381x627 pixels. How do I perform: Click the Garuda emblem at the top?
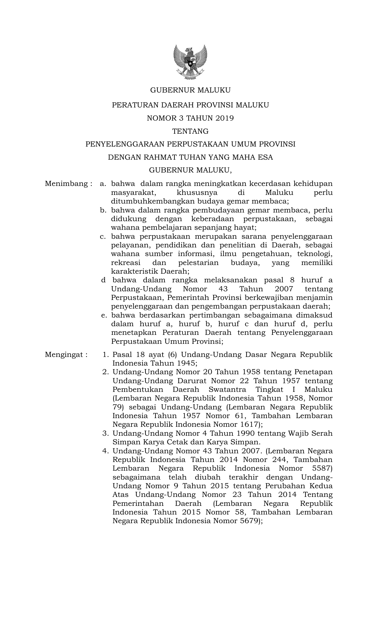(x=190, y=62)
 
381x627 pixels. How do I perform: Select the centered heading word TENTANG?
(x=190, y=131)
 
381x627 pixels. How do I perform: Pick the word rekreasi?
(x=123, y=263)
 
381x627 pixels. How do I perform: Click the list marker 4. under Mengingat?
(x=105, y=451)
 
